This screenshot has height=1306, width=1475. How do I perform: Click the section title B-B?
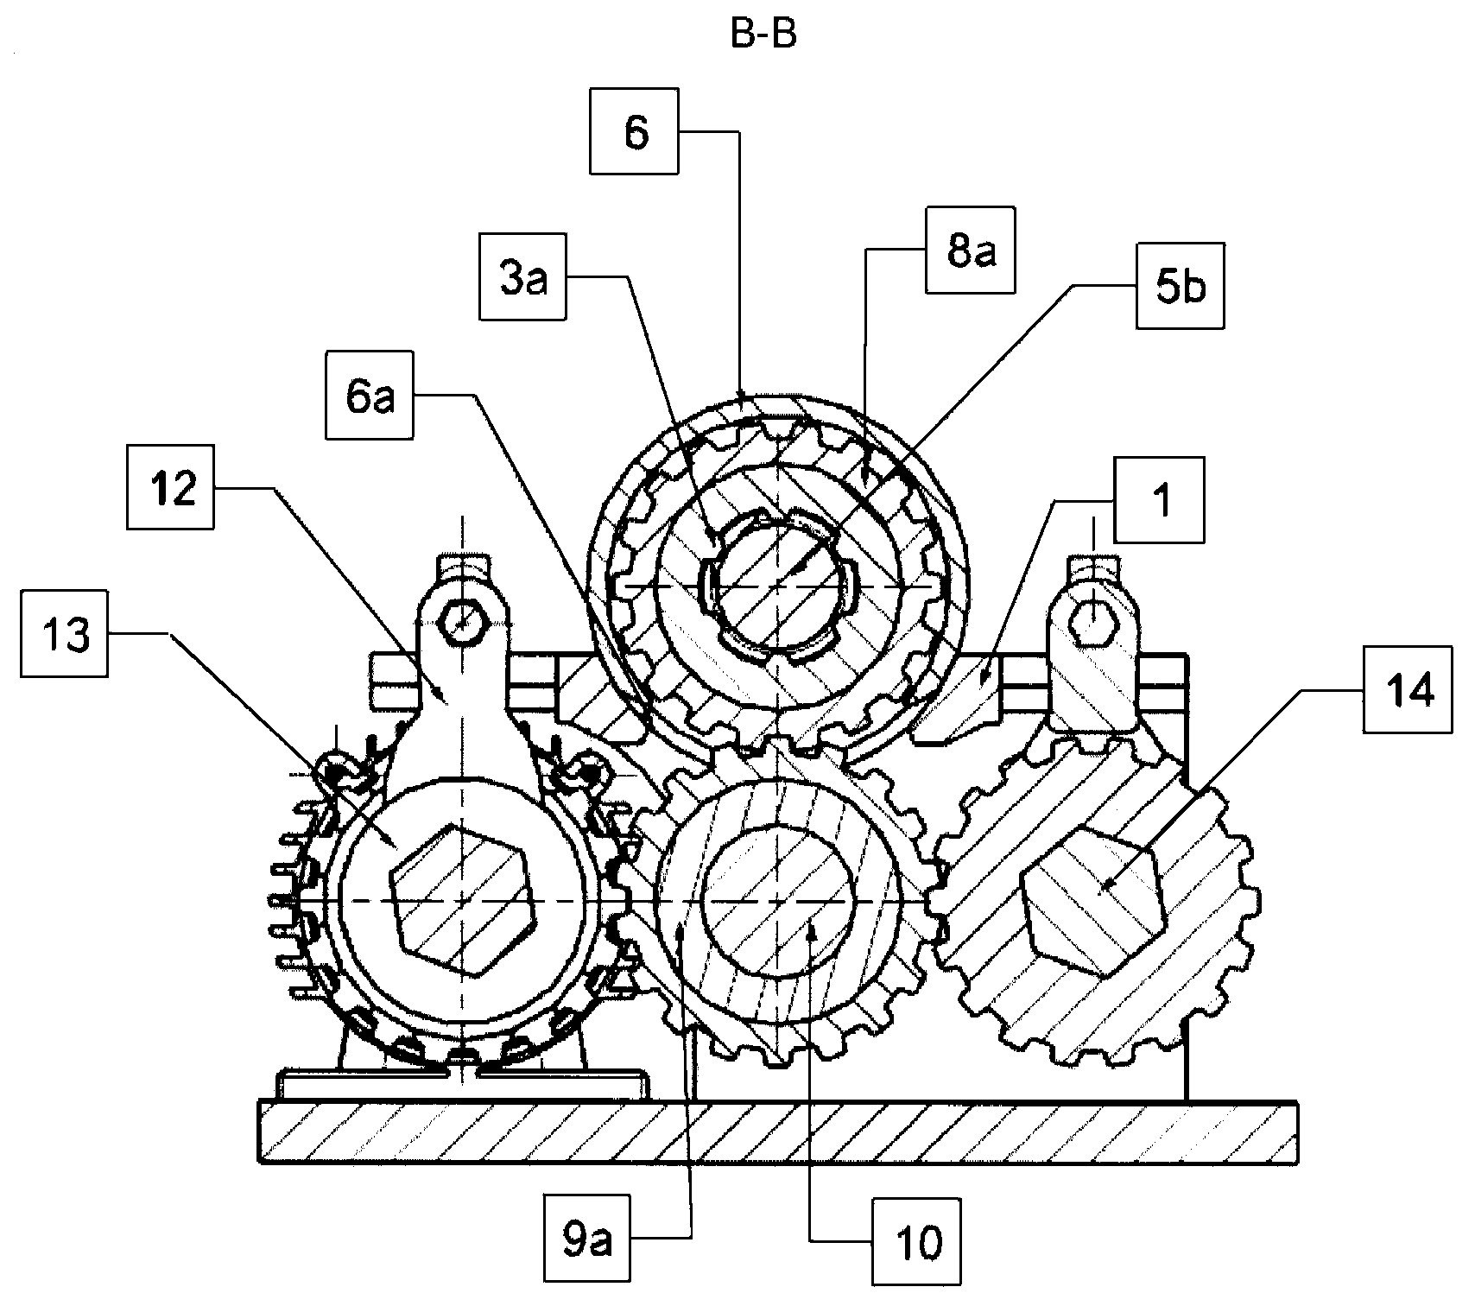click(763, 37)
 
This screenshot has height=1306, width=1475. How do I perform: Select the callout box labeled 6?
click(636, 133)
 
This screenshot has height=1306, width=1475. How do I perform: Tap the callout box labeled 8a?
click(970, 250)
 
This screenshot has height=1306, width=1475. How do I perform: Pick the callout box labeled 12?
click(170, 487)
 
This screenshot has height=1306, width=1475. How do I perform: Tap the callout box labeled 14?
click(1408, 689)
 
